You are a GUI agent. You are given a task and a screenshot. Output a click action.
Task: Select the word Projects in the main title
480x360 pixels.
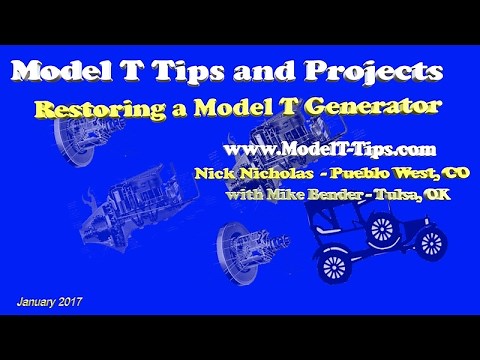pos(372,72)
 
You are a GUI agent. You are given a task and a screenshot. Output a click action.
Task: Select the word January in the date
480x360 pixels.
pos(41,301)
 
